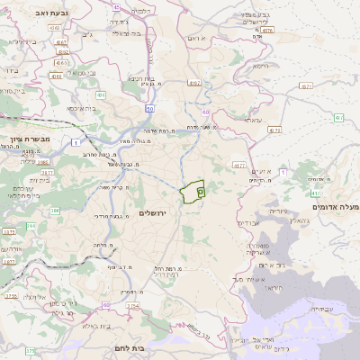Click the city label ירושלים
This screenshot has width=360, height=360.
[x=154, y=211]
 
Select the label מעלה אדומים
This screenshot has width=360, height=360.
[x=334, y=207]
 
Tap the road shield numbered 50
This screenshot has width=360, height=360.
[x=149, y=108]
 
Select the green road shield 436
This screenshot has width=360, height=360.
[x=101, y=94]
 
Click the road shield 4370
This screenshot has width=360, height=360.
[x=267, y=30]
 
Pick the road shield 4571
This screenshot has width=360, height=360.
[x=306, y=86]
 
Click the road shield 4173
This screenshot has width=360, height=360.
[x=274, y=130]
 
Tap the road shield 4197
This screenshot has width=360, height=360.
[x=194, y=83]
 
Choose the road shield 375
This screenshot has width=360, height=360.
[x=30, y=350]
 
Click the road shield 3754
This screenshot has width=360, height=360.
[x=133, y=306]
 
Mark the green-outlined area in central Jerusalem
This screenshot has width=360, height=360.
[x=193, y=191]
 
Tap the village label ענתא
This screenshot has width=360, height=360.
[x=253, y=120]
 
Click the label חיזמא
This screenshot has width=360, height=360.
[x=261, y=66]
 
